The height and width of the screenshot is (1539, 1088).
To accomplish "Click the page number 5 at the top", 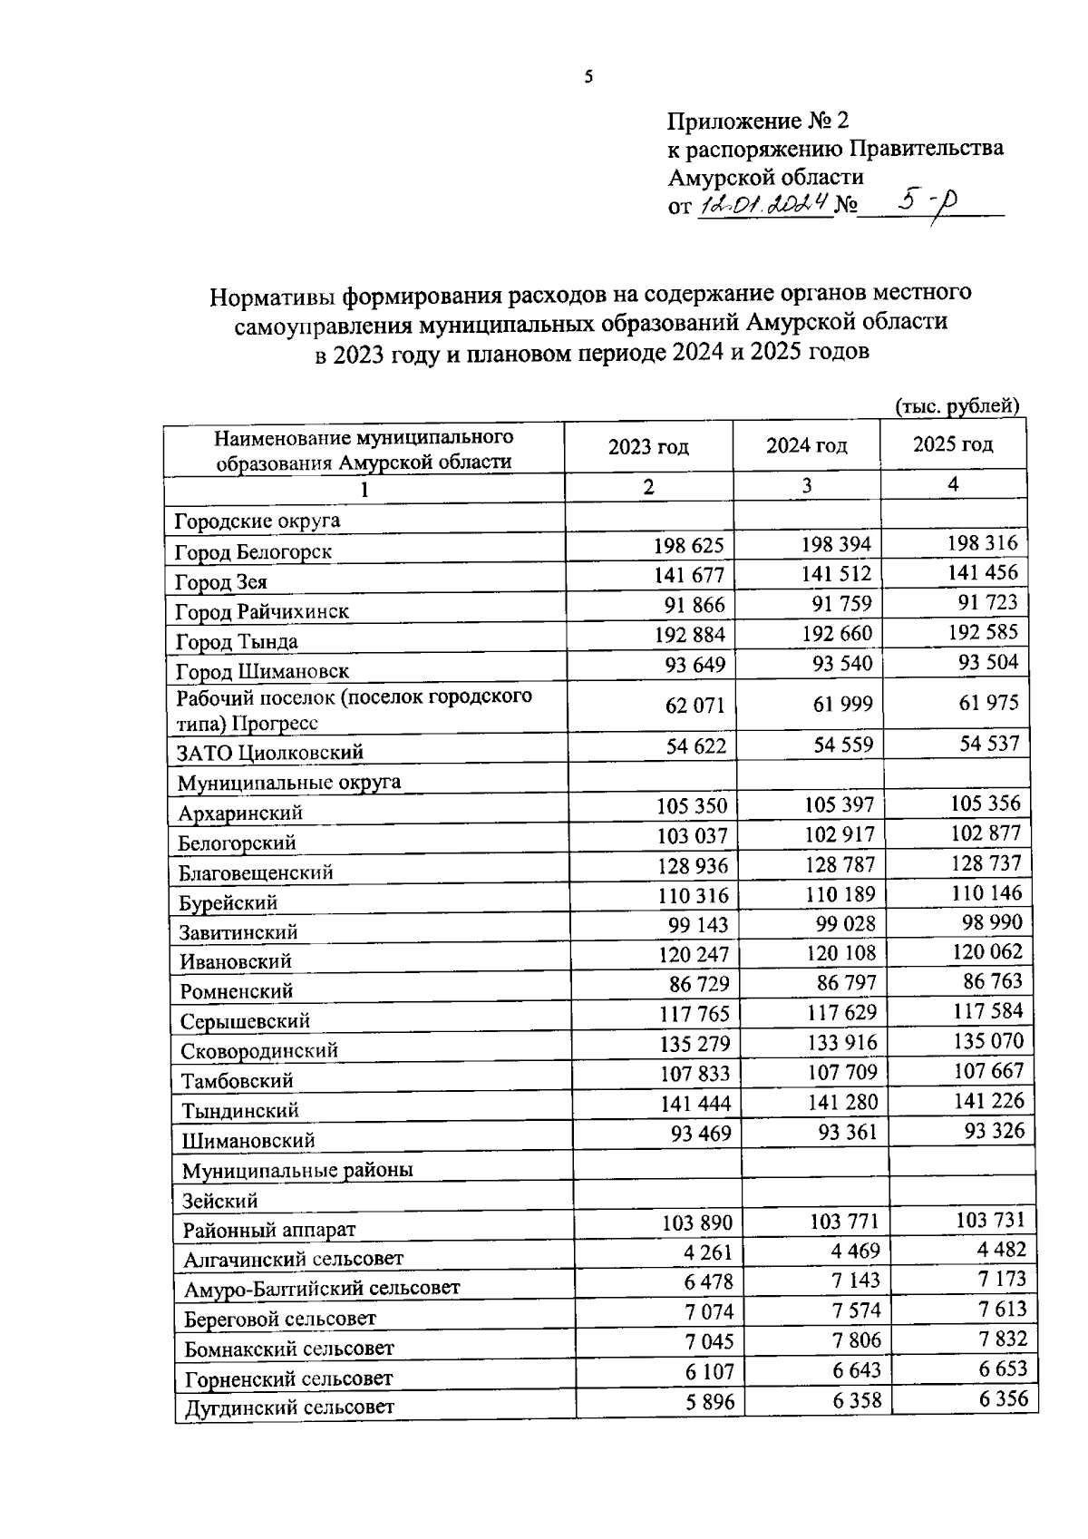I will click(x=588, y=78).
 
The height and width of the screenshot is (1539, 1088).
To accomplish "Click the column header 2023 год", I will click(x=648, y=447).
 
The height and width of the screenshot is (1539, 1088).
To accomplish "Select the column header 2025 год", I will click(x=952, y=444).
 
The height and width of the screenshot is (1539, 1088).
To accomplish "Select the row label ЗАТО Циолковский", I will click(x=270, y=752).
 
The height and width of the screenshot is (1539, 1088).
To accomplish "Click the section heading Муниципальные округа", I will click(x=289, y=782).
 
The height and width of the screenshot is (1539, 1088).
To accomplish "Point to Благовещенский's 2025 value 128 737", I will click(x=986, y=862).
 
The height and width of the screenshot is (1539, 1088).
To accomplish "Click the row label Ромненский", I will click(x=237, y=991).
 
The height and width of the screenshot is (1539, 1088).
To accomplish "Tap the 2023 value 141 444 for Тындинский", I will click(x=694, y=1104).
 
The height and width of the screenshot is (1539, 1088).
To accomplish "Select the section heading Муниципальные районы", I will click(x=297, y=1170).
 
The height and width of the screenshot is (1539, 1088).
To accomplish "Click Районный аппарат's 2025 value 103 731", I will click(x=990, y=1221).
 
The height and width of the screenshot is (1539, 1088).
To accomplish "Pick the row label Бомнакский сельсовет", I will click(x=289, y=1349).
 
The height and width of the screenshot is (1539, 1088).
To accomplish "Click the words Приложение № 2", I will click(x=758, y=122).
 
